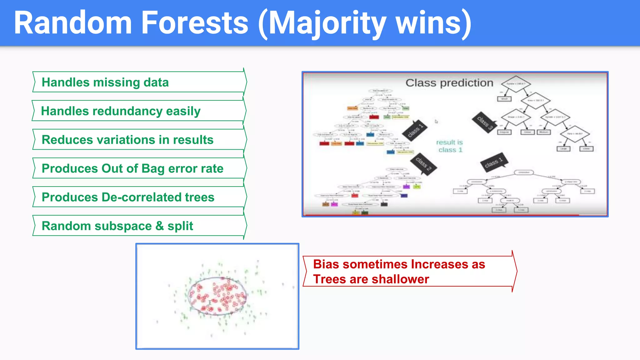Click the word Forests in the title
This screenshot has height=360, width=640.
[x=195, y=23]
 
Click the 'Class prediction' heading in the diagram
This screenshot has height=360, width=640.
[x=449, y=83]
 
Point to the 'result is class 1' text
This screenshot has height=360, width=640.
[x=450, y=146]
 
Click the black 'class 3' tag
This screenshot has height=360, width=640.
[x=484, y=122]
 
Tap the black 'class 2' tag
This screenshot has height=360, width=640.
[x=423, y=164]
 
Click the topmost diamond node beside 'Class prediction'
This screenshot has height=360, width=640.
[x=516, y=84]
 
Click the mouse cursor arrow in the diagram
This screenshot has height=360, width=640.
[x=436, y=121]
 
